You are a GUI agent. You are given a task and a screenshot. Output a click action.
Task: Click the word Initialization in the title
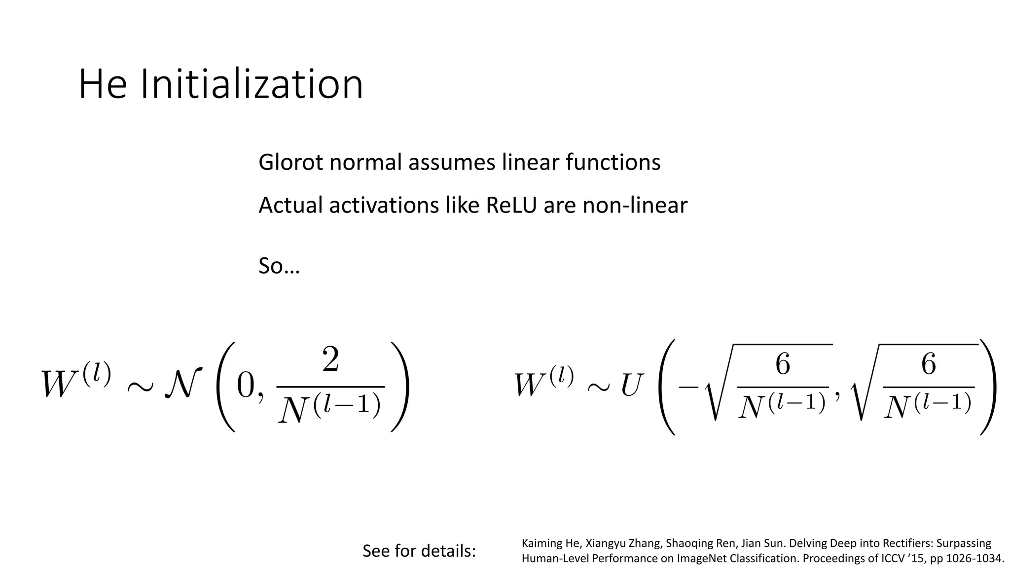tap(252, 84)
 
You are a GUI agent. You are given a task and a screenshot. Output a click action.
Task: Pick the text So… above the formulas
tap(279, 266)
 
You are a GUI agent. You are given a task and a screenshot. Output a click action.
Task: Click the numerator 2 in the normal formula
tap(330, 360)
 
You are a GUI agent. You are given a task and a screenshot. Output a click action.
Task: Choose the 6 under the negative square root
tap(783, 365)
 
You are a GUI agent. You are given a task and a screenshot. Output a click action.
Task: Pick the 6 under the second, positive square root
tap(928, 365)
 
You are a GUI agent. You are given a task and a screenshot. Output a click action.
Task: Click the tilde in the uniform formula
tap(598, 387)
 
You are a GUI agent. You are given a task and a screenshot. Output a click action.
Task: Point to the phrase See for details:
tap(419, 551)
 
